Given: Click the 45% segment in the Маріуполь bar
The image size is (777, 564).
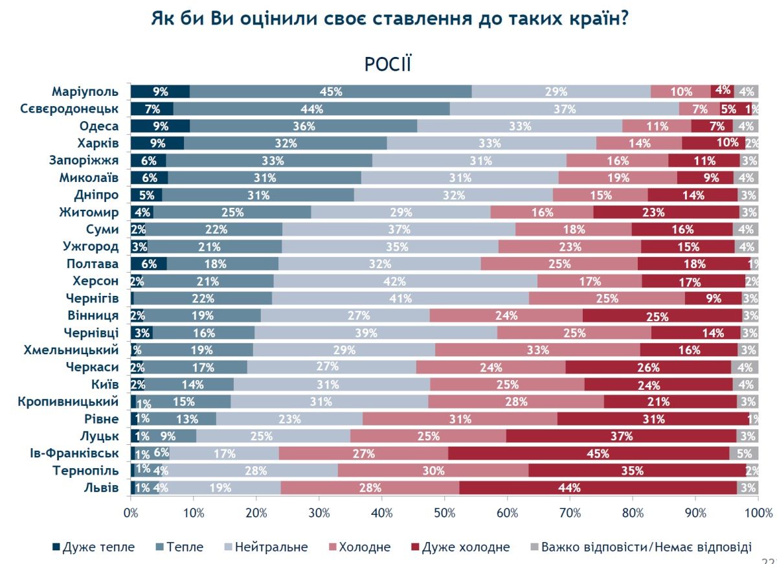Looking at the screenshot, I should [x=331, y=91].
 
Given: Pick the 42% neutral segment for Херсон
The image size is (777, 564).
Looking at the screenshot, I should [x=405, y=281].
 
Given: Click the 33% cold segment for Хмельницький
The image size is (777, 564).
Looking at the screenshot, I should [x=537, y=350].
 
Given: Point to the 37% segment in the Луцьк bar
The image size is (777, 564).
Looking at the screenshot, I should [x=621, y=436].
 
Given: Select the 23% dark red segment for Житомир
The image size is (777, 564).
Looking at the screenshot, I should [x=666, y=212].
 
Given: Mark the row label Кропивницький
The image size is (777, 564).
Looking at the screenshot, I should [x=71, y=401].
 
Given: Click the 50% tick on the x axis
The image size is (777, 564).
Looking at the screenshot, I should [x=444, y=513].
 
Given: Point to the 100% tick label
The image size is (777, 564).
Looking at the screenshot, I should [x=757, y=513].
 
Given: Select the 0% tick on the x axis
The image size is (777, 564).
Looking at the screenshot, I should [x=131, y=513].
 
